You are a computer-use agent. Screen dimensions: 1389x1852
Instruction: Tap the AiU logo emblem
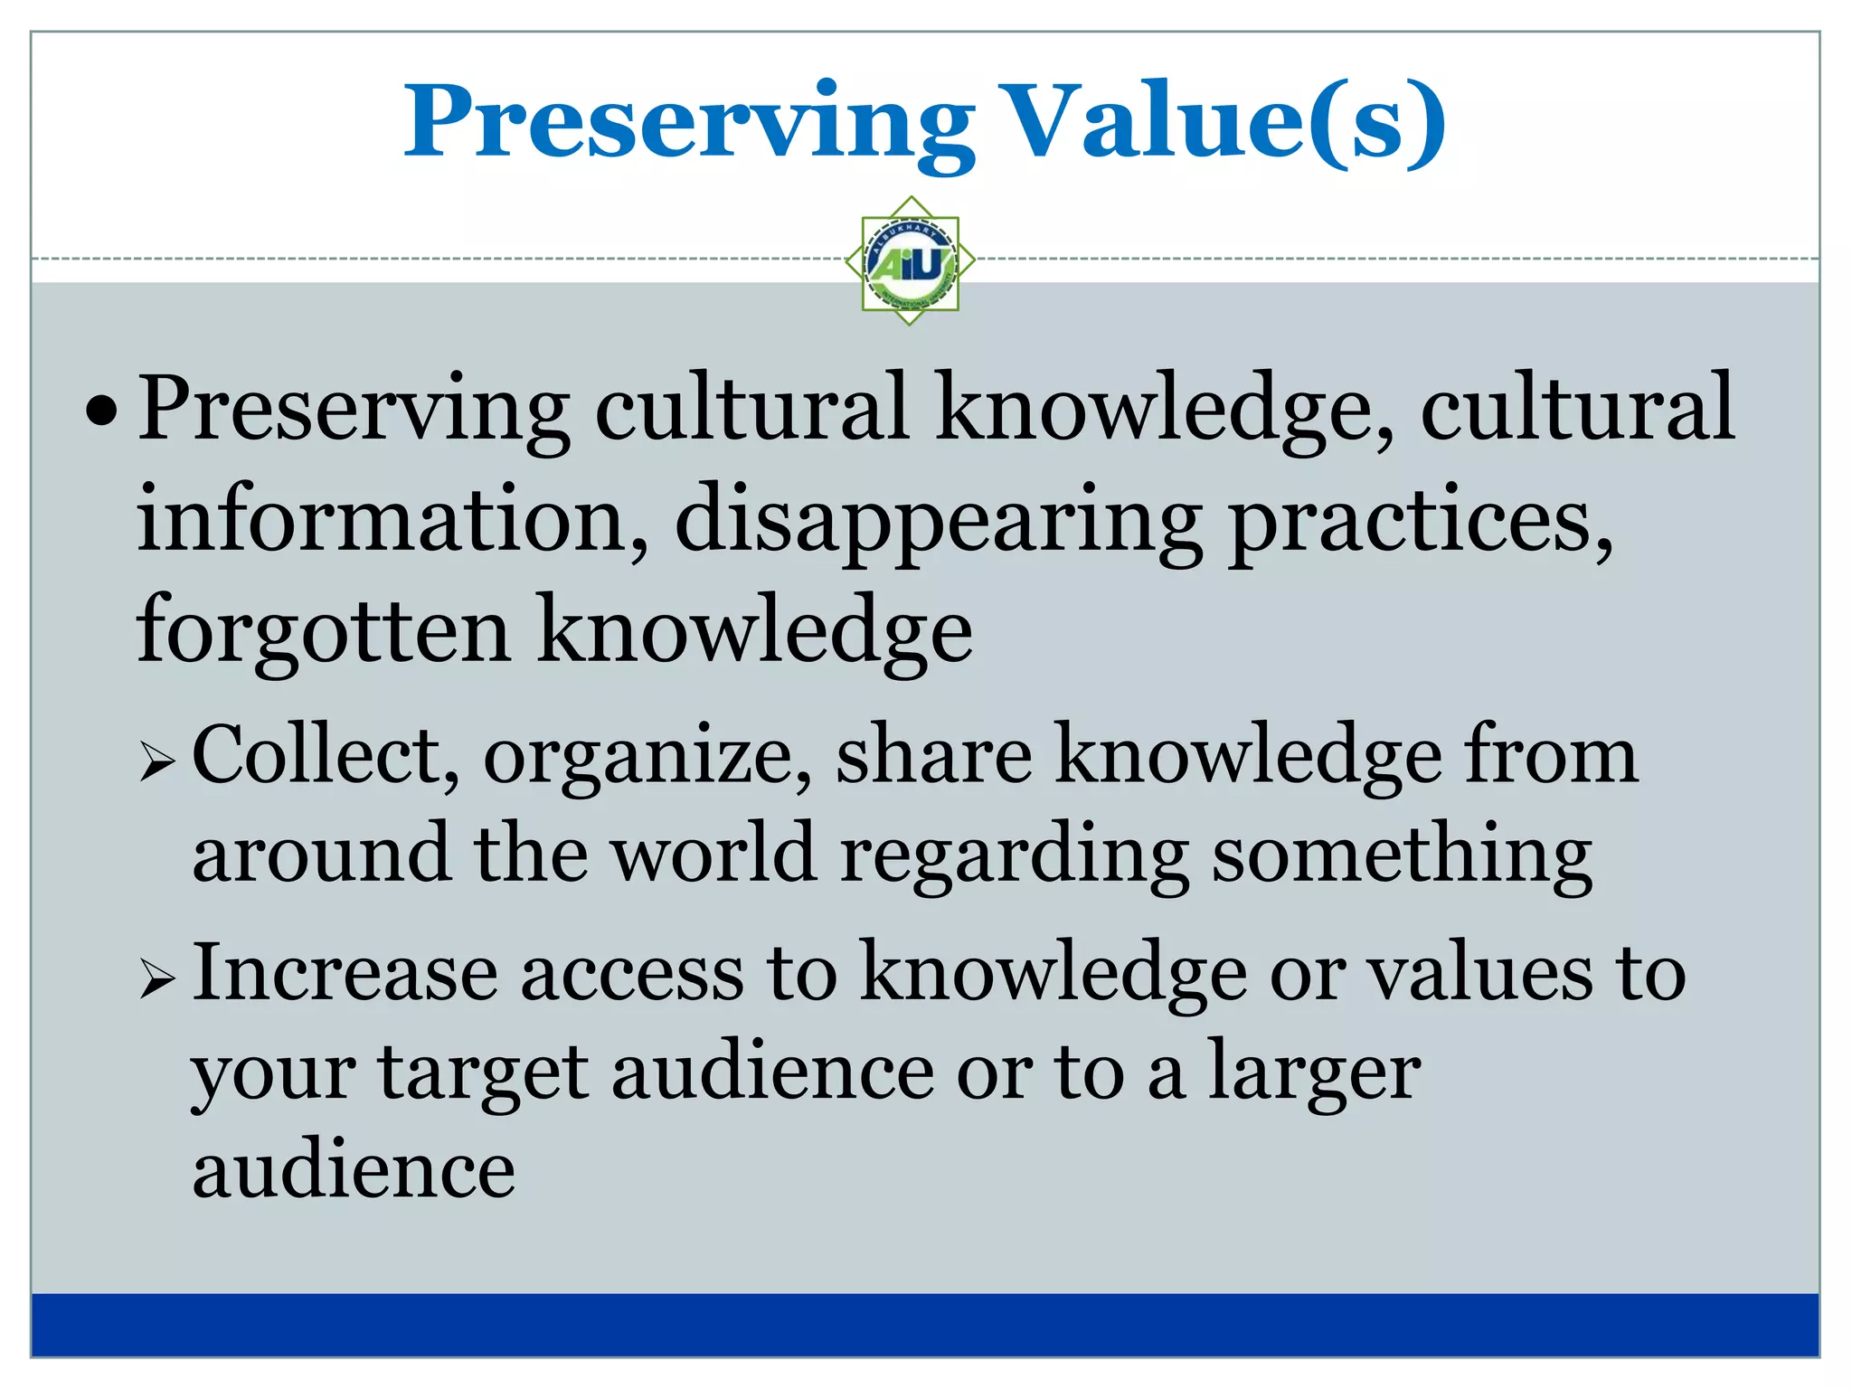coord(910,261)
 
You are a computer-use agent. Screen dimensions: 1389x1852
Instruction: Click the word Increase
coord(345,973)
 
